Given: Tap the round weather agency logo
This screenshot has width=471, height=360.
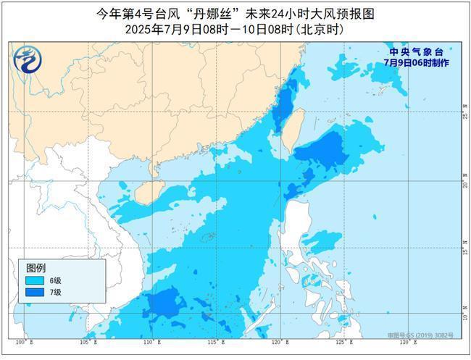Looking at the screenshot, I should pos(28,59).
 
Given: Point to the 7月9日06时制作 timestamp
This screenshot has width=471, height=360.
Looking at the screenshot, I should pos(417,63).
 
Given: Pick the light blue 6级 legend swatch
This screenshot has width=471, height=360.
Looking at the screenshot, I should pos(33,280).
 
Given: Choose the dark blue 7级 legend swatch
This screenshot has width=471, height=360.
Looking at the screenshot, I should pos(33,293).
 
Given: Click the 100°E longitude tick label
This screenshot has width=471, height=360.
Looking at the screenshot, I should pos(21,341).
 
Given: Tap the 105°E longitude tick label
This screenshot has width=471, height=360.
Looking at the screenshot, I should pos(85,341).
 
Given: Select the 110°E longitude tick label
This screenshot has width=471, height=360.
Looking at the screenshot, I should pos(149,341).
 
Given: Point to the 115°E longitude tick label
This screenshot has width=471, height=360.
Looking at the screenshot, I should pos(213,341).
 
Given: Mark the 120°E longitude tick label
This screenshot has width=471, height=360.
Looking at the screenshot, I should pos(278,341).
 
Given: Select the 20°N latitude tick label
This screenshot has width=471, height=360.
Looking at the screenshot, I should pos(464,183).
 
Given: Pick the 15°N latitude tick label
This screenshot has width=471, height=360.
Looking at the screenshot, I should pos(464,249).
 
